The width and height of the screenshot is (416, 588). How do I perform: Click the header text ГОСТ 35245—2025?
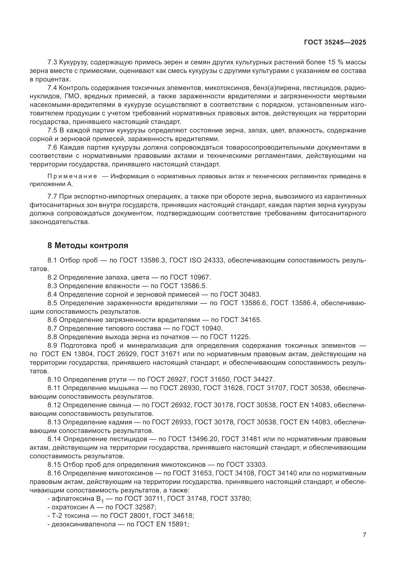pyautogui.click(x=335, y=42)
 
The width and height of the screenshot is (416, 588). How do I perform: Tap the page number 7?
pyautogui.click(x=364, y=535)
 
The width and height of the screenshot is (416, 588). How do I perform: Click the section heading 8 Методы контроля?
pyautogui.click(x=88, y=246)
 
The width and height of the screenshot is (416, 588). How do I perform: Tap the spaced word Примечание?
pyautogui.click(x=72, y=176)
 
